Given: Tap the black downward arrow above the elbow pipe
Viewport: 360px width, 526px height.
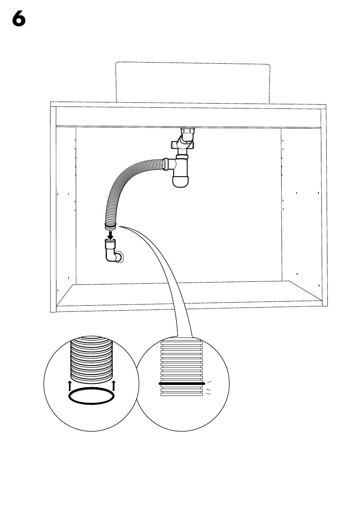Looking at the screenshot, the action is point(111,235).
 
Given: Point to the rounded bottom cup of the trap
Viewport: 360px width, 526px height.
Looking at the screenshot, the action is point(180,181).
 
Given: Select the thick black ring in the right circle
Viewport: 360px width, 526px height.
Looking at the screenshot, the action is point(182,384).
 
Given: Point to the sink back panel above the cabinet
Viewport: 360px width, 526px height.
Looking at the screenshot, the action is point(193,82).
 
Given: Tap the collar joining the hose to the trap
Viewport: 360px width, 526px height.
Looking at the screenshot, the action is point(166,164).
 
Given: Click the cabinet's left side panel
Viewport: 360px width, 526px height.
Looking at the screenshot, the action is point(53,209).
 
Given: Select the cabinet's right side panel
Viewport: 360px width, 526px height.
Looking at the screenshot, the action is point(324,207).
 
